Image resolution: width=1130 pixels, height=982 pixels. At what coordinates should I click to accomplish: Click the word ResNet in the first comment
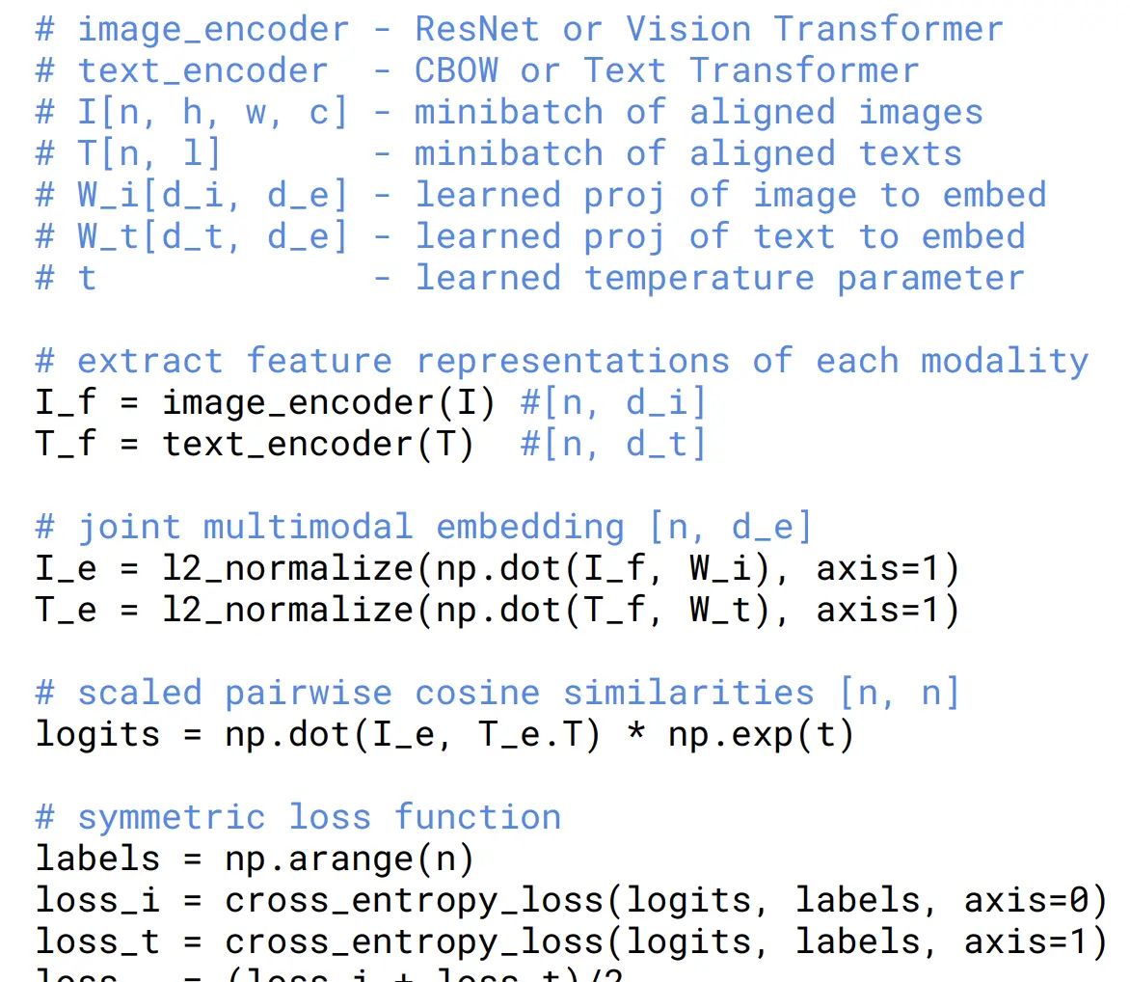(477, 29)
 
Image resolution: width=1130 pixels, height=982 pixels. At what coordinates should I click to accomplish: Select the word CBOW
(457, 70)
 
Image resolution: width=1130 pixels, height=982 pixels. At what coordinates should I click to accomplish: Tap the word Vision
(688, 29)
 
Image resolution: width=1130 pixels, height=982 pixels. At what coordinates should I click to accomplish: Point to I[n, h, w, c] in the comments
(211, 113)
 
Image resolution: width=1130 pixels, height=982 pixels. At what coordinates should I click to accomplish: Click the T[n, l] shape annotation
(148, 154)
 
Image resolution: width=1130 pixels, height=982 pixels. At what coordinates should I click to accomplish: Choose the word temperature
(699, 278)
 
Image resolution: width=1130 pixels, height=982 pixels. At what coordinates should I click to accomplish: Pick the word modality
(1005, 361)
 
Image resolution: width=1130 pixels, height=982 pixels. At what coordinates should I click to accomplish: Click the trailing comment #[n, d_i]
(613, 402)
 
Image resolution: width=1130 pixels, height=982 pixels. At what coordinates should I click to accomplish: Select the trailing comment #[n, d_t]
(613, 445)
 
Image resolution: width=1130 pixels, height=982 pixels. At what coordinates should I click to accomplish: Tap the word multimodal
(308, 527)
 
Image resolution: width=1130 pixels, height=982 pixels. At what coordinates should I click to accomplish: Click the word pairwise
(309, 693)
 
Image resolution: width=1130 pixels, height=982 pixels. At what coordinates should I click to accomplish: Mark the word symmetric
(171, 817)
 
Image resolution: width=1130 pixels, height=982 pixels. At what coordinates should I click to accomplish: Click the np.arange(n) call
(349, 859)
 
